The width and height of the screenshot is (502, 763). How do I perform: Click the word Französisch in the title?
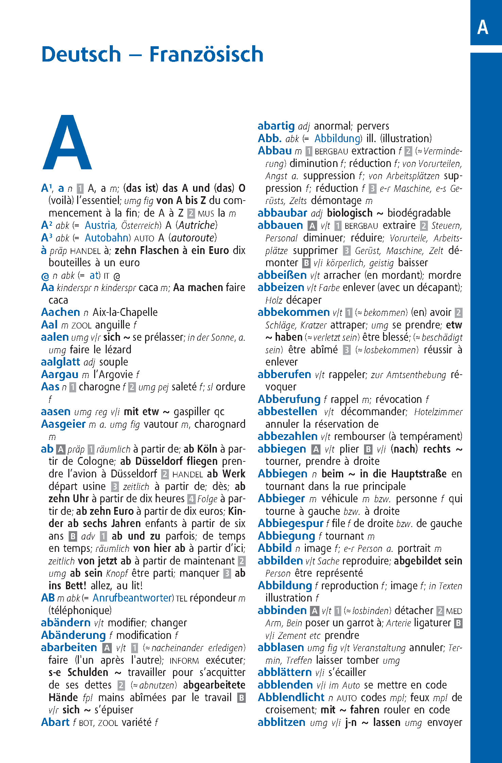[206, 54]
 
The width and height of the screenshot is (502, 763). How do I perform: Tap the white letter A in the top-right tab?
[483, 27]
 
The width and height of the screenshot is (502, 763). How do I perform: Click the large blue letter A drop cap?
[67, 143]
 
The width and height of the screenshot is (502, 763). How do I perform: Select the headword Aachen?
[60, 312]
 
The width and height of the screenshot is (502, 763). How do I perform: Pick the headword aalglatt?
[60, 362]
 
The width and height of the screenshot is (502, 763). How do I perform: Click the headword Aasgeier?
[63, 424]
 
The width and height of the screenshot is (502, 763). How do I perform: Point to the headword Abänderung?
[73, 635]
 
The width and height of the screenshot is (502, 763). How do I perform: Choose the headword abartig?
[276, 126]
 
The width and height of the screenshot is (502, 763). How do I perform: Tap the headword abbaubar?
[282, 213]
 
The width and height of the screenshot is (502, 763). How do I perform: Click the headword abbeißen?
[282, 275]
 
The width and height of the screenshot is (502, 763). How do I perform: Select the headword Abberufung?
[289, 399]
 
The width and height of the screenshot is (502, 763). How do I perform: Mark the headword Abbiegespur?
[290, 523]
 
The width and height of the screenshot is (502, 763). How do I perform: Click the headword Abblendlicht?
[291, 697]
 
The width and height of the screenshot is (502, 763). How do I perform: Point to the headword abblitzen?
[281, 722]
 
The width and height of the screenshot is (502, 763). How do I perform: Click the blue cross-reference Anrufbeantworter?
[133, 598]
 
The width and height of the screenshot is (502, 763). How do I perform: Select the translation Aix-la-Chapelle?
[125, 312]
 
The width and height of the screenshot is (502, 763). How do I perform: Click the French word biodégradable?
[419, 213]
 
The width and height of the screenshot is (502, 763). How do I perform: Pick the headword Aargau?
[59, 374]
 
